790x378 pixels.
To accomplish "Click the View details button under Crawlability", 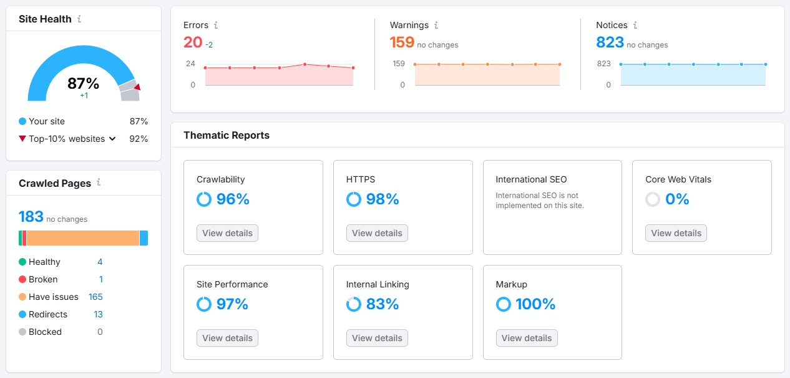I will coord(227,233).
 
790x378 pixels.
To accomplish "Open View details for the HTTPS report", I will coord(377,233).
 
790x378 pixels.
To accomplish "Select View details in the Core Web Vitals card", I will coord(676,233).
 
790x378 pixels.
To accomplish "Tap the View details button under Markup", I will coord(527,338).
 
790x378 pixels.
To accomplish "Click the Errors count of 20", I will coord(193,42).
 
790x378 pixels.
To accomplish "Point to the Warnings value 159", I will coord(402,42).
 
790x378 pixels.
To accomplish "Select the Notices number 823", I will coord(610,42).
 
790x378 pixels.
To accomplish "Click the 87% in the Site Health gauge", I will coord(84,84).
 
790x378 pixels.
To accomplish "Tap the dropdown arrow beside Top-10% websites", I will coord(112,139).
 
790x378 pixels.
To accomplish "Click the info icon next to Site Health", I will coord(79,19).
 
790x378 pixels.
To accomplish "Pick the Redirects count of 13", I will coord(99,314).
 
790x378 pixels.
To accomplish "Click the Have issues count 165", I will coord(95,297).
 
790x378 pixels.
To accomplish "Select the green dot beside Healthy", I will coord(22,262).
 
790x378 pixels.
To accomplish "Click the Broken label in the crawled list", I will coord(43,279).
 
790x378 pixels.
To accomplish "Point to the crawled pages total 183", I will coord(31,217).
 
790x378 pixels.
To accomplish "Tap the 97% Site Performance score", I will coord(232,304).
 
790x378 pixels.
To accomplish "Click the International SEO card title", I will coord(531,179).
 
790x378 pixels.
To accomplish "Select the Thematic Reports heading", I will coord(227,135).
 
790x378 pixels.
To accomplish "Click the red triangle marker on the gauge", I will coord(137,87).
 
